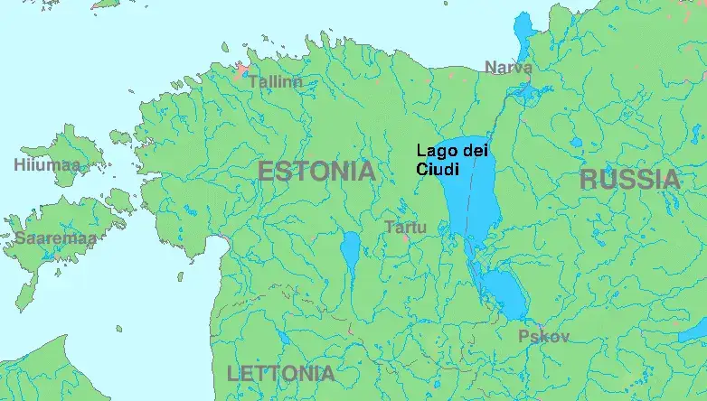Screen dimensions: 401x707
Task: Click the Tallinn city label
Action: click(275, 82)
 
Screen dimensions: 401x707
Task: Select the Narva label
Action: click(508, 68)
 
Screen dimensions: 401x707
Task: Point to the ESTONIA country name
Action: click(316, 171)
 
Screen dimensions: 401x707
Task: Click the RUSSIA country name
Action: click(629, 179)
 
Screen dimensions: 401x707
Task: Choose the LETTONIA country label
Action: click(280, 373)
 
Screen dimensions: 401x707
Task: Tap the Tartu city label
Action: click(405, 228)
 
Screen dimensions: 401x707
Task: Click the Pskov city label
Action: click(543, 337)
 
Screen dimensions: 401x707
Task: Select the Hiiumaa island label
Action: click(47, 165)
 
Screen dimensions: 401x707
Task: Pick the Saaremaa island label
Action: click(55, 238)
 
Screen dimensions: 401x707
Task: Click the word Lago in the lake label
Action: click(433, 152)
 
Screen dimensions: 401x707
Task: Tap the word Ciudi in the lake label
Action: click(438, 169)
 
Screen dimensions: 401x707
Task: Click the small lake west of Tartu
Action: click(351, 251)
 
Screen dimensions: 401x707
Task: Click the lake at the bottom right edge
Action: click(693, 331)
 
